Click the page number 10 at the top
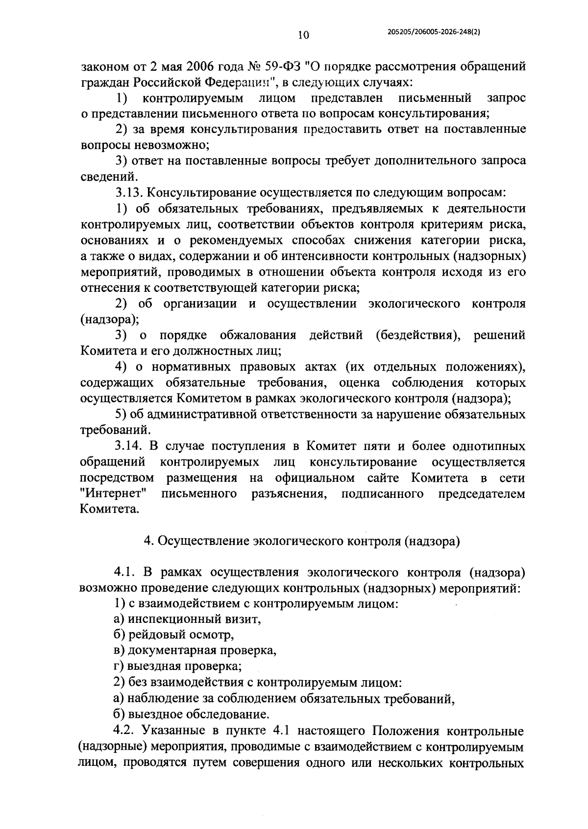point(303,35)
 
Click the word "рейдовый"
point(158,635)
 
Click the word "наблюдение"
point(159,699)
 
